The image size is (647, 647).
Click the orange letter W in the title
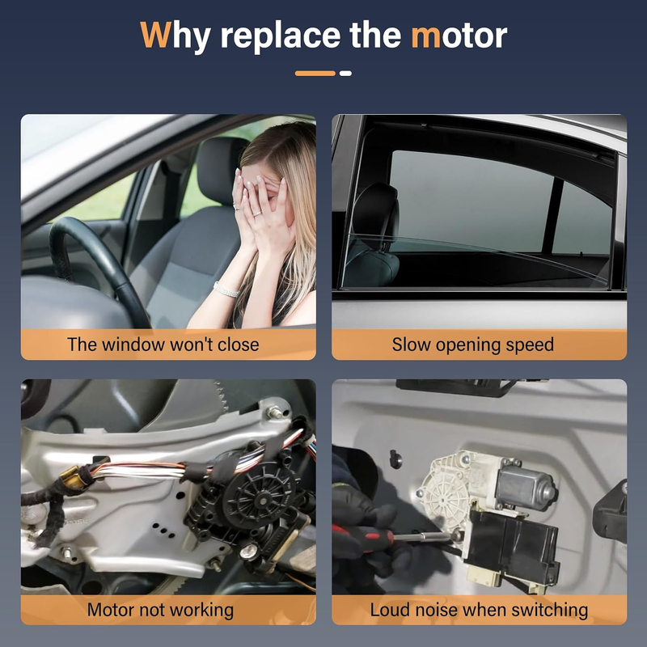[155, 35]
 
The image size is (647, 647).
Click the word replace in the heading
[280, 36]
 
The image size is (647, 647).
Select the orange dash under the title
[315, 74]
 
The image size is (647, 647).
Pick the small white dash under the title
[345, 74]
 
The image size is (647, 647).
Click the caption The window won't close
[163, 345]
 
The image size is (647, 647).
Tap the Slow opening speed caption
[472, 345]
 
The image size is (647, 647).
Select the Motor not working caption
[160, 611]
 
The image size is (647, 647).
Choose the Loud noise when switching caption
[479, 611]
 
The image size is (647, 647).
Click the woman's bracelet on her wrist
[226, 290]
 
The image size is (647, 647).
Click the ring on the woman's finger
[256, 214]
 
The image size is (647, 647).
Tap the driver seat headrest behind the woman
[218, 169]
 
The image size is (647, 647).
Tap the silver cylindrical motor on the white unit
[526, 487]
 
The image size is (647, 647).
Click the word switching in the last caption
[548, 611]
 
